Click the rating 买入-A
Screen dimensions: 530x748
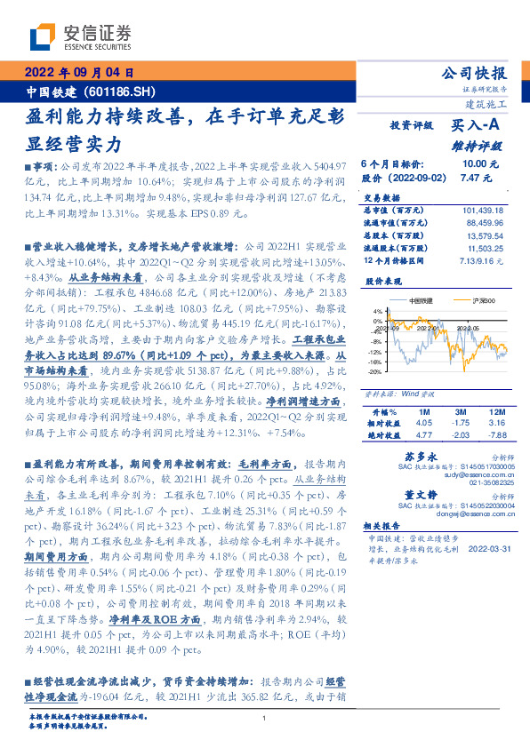478,126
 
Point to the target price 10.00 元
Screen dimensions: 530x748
480,164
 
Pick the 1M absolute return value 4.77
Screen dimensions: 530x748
422,435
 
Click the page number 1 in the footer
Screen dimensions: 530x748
265,718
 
